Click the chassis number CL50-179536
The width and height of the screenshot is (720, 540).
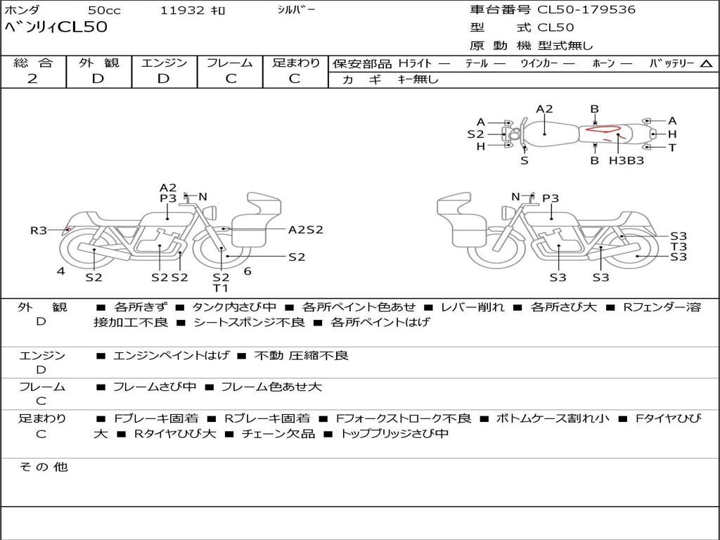pos(586,10)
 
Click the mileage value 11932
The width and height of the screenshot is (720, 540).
pos(182,11)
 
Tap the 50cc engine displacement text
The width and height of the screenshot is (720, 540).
pos(103,11)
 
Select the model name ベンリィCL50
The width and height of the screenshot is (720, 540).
pos(56,28)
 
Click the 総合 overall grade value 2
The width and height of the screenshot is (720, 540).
pos(32,79)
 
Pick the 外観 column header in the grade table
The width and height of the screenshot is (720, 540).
pos(98,63)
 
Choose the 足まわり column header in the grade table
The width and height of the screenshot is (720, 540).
pos(295,63)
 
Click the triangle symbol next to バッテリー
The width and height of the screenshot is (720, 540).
pos(706,64)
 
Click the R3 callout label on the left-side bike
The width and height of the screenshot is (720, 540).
pos(38,230)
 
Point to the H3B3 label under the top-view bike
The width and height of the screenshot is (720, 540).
pos(626,160)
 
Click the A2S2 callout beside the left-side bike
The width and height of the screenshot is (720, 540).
pos(306,229)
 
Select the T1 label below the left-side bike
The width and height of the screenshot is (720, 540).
pos(221,288)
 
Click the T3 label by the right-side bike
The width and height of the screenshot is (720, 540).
pos(679,247)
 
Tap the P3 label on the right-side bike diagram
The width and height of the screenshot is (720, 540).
pos(551,198)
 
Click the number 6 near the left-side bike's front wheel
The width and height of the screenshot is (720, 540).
pos(247,271)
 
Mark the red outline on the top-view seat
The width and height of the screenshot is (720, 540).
pos(604,130)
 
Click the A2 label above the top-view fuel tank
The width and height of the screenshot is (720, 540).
pos(544,109)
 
